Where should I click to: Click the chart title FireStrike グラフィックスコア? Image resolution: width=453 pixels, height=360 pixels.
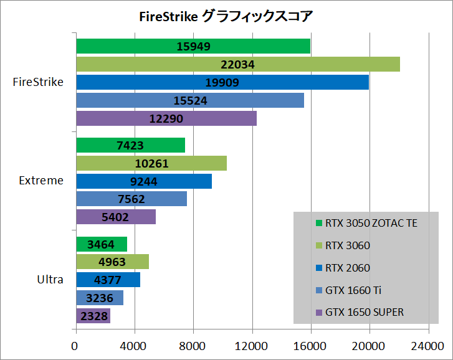click(x=226, y=16)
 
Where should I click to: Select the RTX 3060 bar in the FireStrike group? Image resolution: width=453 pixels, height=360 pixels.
click(x=237, y=64)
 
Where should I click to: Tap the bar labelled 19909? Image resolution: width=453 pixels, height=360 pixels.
click(x=222, y=82)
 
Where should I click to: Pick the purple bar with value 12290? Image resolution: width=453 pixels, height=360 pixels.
click(x=166, y=118)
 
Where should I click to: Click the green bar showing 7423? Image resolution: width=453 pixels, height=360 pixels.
click(x=130, y=145)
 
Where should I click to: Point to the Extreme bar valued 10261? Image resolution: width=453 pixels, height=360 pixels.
click(x=151, y=163)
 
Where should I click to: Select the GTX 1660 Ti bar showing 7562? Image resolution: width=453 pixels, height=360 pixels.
click(x=131, y=199)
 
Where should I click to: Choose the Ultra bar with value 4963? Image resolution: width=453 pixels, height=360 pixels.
click(x=112, y=262)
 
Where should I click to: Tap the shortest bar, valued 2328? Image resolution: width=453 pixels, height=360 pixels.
click(x=93, y=316)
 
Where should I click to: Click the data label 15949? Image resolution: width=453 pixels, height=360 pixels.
click(x=193, y=46)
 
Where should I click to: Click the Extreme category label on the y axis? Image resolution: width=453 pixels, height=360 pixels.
click(x=41, y=181)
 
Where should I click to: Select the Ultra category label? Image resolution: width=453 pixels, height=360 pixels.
click(x=50, y=280)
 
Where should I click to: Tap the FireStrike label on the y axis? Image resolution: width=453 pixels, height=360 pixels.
click(x=38, y=82)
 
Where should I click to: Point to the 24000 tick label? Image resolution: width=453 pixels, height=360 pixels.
click(x=428, y=347)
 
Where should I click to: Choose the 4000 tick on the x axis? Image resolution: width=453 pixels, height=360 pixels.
click(x=134, y=347)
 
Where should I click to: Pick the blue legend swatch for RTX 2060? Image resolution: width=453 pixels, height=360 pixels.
click(x=319, y=268)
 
